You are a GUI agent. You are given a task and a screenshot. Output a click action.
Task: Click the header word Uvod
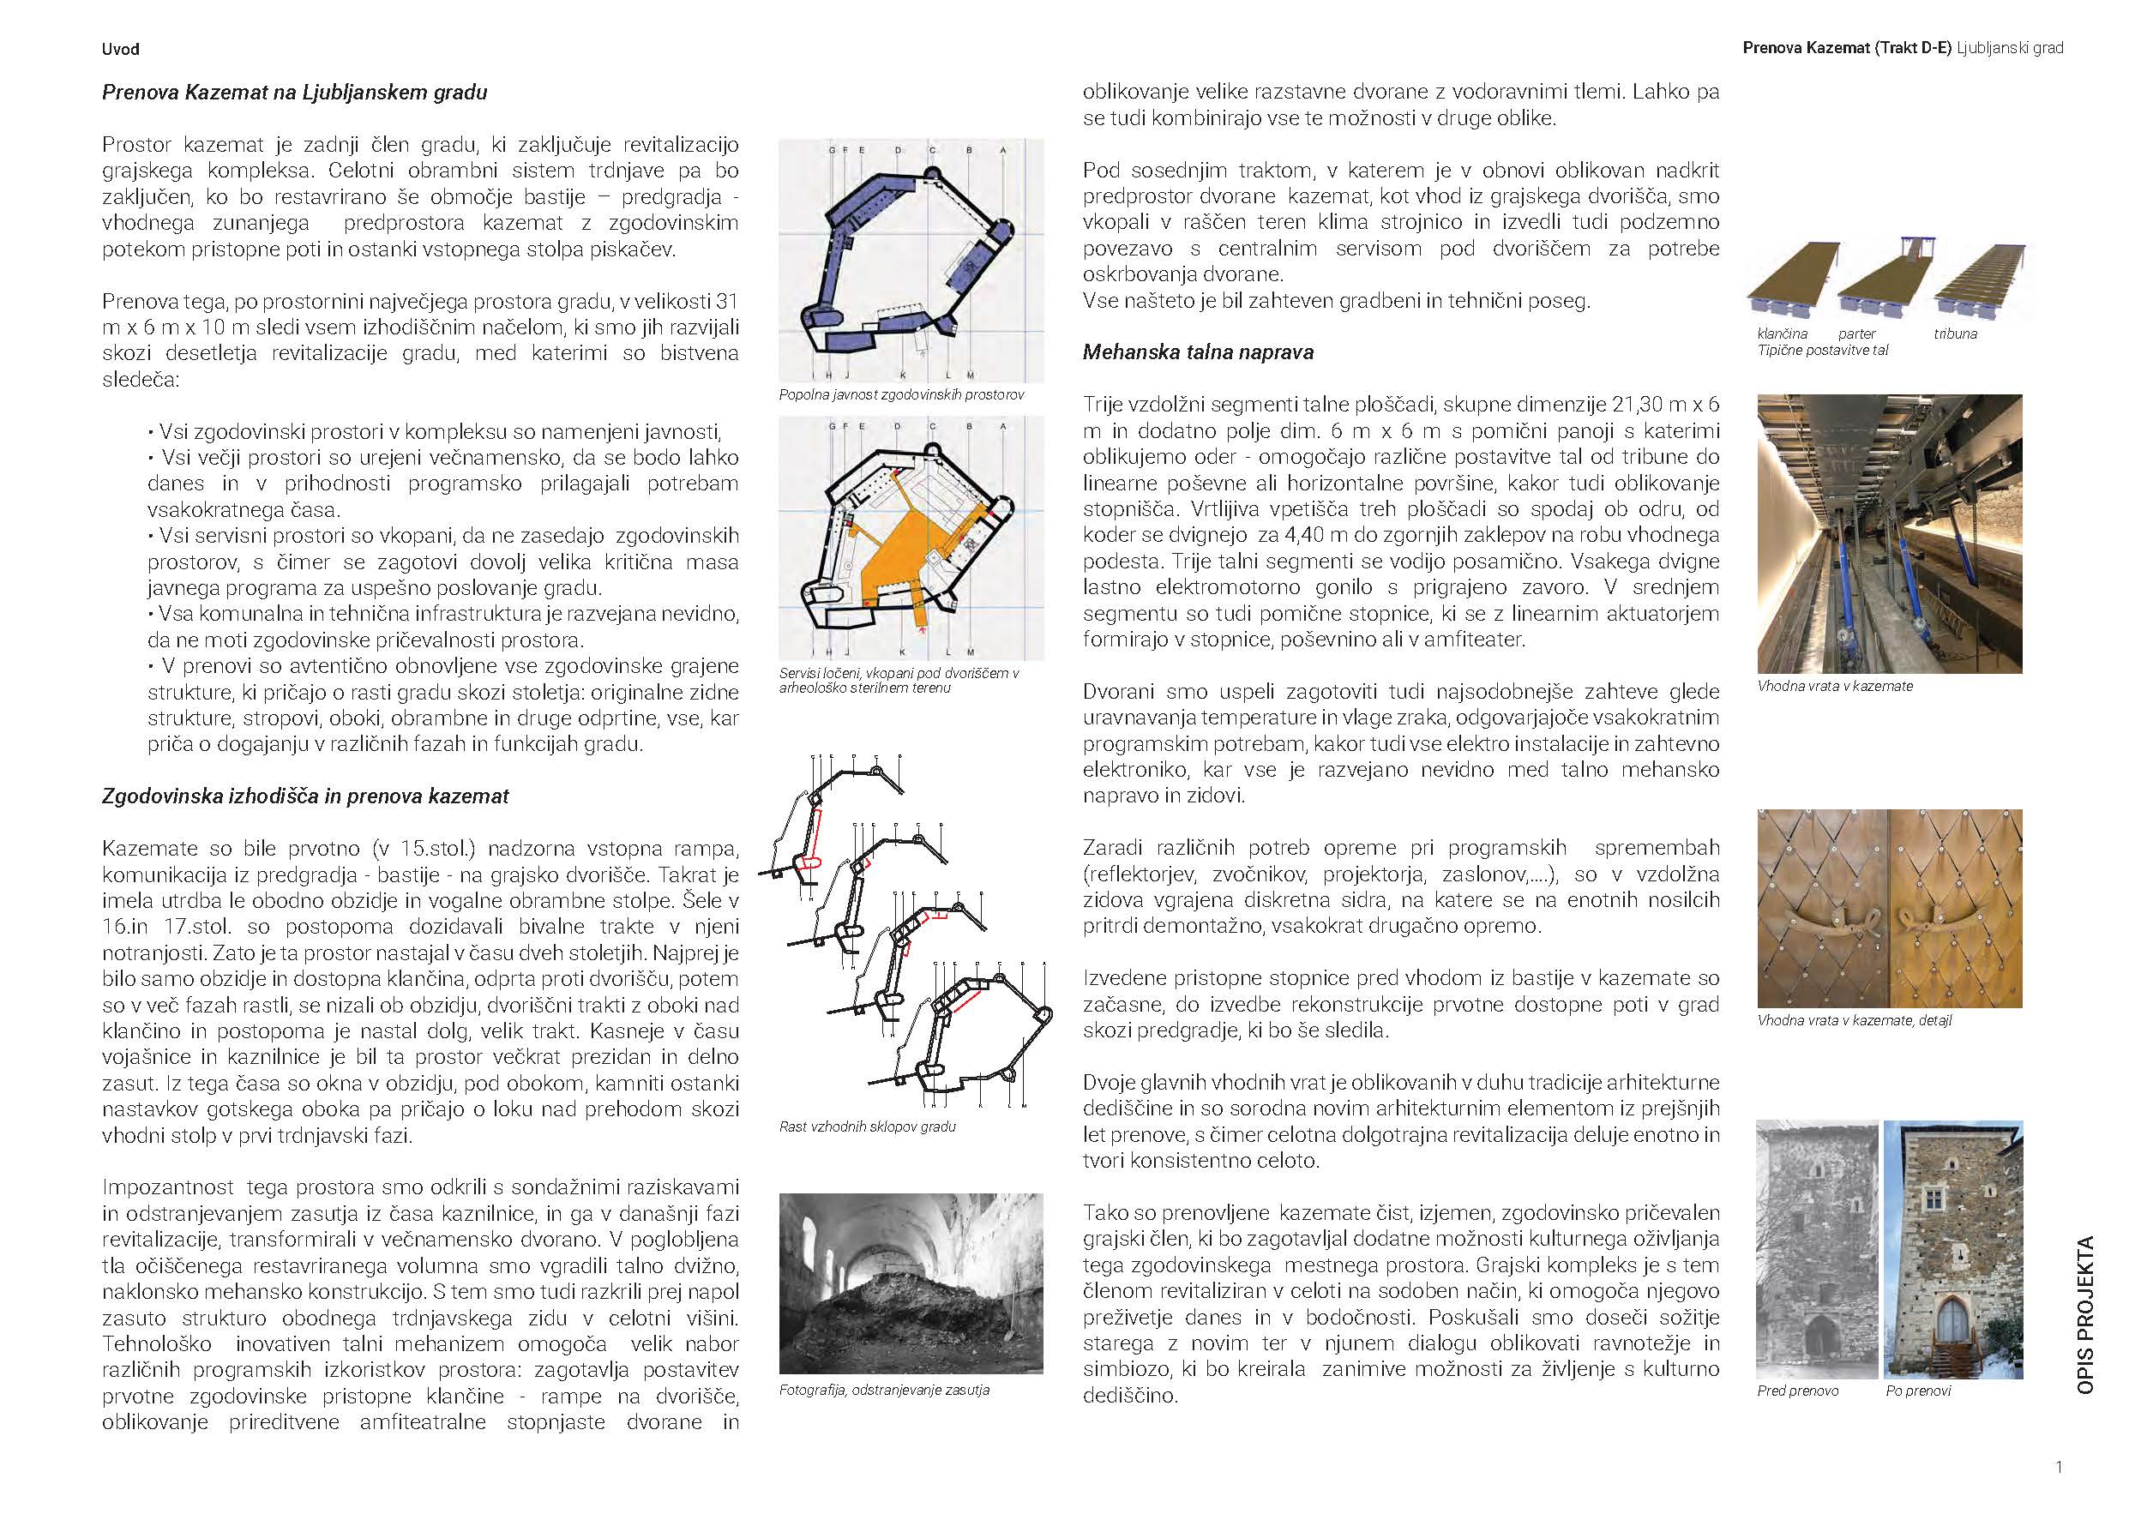pyautogui.click(x=120, y=50)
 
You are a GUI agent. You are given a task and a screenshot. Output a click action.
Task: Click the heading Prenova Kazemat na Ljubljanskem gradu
pyautogui.click(x=294, y=93)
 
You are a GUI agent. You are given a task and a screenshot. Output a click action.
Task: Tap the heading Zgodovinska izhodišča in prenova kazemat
pyautogui.click(x=305, y=796)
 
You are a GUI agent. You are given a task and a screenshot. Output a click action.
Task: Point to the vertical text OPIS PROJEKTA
pyautogui.click(x=2086, y=1314)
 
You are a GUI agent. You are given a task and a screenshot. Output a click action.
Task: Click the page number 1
pyautogui.click(x=2059, y=1467)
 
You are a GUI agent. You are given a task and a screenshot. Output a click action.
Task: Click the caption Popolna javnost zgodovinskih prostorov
pyautogui.click(x=901, y=395)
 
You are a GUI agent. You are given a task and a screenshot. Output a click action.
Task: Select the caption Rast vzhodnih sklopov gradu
pyautogui.click(x=867, y=1126)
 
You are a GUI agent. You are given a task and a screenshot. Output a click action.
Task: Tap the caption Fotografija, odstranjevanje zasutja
pyautogui.click(x=884, y=1390)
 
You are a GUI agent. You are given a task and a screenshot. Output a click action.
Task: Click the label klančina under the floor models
pyautogui.click(x=1782, y=333)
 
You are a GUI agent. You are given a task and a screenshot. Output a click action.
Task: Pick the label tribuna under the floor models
pyautogui.click(x=1954, y=333)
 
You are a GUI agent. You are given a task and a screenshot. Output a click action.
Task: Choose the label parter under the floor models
pyautogui.click(x=1856, y=333)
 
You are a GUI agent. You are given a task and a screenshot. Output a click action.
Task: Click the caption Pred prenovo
pyautogui.click(x=1798, y=1391)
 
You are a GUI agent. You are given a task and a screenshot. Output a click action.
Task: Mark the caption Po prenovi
pyautogui.click(x=1918, y=1391)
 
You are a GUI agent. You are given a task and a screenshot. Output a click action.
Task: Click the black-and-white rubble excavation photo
pyautogui.click(x=910, y=1283)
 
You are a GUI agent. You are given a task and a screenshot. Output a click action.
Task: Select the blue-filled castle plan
pyautogui.click(x=910, y=261)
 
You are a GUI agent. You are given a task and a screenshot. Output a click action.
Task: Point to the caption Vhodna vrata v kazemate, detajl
pyautogui.click(x=1854, y=1021)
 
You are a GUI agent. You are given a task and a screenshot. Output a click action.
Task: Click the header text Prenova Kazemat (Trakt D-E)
pyautogui.click(x=1846, y=47)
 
